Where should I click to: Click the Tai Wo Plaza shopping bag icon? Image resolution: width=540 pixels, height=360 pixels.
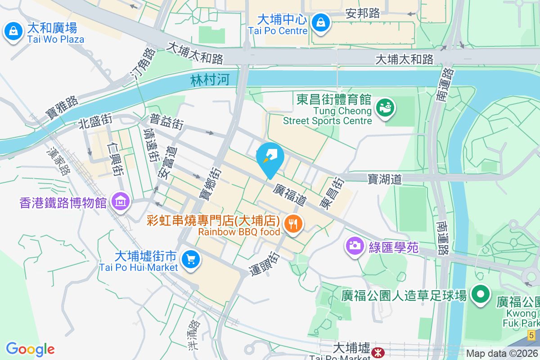[x=14, y=31]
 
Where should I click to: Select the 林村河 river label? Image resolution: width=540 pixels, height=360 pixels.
[x=210, y=80]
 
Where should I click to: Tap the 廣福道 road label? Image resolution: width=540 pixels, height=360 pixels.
[x=289, y=195]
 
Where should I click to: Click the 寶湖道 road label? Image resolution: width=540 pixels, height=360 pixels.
[x=384, y=179]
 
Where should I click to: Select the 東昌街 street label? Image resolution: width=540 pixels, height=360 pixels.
[x=332, y=193]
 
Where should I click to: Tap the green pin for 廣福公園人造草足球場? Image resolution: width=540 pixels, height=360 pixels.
[x=480, y=294]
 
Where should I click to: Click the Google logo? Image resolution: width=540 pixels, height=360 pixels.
[x=30, y=349]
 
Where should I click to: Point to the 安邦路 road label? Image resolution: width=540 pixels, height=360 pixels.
[x=363, y=13]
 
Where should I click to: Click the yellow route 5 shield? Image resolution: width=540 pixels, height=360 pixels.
[x=531, y=335]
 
